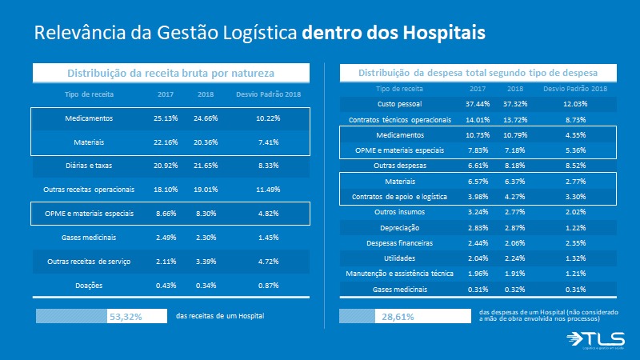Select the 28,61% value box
(x=404, y=317)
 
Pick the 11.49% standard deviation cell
(x=268, y=190)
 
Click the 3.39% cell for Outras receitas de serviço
(x=206, y=262)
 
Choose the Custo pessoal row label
(x=399, y=104)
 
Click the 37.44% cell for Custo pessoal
(x=478, y=104)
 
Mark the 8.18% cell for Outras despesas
(x=515, y=166)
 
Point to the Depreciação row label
(x=399, y=227)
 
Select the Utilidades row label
(x=399, y=258)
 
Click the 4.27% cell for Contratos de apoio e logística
(x=515, y=197)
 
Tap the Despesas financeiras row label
(x=399, y=242)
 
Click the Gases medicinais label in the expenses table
(x=399, y=289)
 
